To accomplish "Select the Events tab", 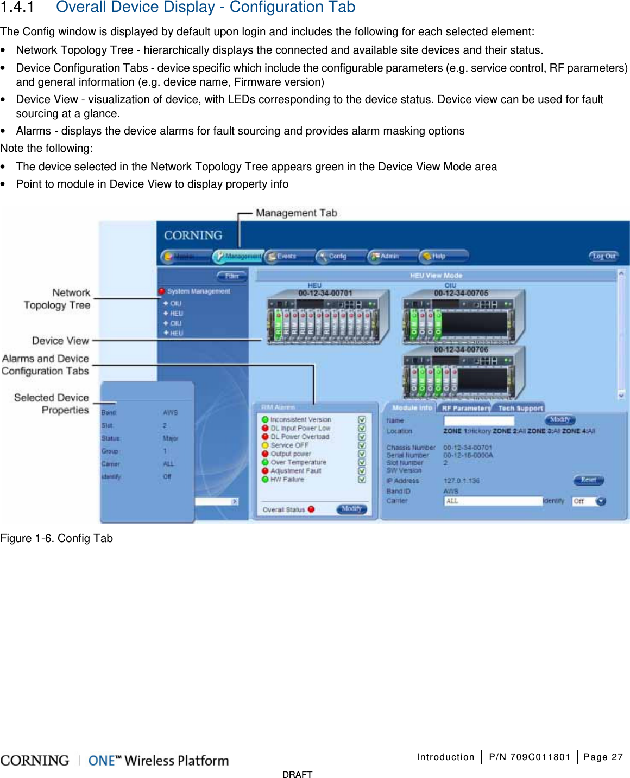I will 287,256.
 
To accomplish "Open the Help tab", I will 439,256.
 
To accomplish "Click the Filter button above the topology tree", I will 231,276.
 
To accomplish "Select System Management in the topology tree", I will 198,291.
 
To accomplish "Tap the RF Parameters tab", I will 465,408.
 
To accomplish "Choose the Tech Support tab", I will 520,408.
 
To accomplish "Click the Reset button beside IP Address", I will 588,480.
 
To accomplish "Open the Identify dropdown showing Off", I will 601,501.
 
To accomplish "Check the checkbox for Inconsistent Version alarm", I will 362,420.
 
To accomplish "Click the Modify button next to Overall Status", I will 351,509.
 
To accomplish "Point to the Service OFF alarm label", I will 289,445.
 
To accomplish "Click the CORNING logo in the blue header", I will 193,235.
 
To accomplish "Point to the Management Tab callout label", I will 297,213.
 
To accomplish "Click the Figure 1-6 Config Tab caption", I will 56,538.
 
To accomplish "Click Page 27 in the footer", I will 603,757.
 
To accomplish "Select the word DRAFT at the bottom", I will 297,774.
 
